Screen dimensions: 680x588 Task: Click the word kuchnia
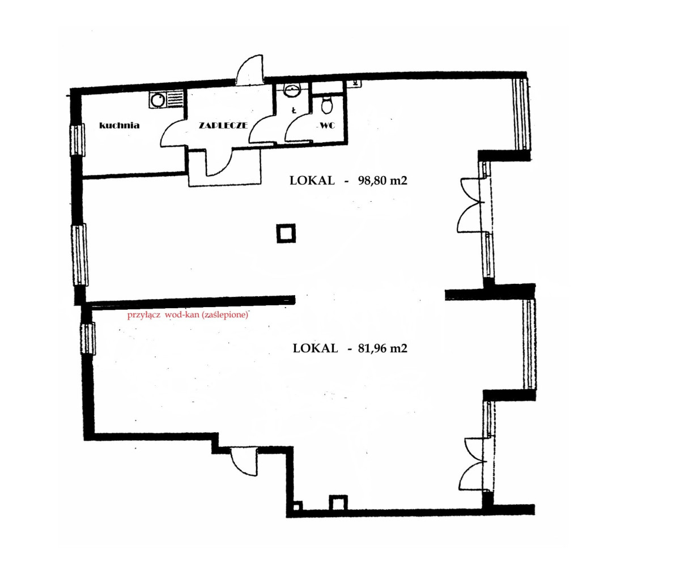click(120, 125)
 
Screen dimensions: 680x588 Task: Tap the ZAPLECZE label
click(223, 125)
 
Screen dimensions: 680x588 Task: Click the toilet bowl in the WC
click(326, 105)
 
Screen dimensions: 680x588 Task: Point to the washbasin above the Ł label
click(292, 90)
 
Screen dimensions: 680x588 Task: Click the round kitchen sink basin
click(158, 100)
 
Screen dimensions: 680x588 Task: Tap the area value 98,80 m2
click(382, 181)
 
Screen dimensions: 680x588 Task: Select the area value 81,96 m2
click(382, 348)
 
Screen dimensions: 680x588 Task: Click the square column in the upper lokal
click(286, 233)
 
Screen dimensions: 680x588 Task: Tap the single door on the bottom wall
click(244, 461)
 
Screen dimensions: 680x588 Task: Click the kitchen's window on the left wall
click(78, 140)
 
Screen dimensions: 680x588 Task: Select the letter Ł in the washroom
click(294, 110)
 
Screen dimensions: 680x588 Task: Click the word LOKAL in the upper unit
click(312, 181)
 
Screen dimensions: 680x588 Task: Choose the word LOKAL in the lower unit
click(315, 348)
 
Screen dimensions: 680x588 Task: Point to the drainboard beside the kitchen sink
click(175, 100)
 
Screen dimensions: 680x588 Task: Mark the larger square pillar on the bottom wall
click(338, 502)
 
